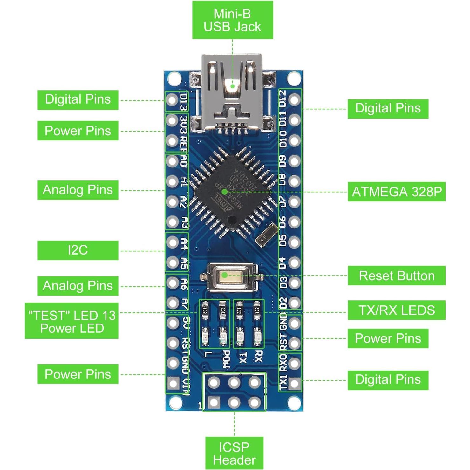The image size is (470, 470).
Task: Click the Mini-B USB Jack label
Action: click(232, 20)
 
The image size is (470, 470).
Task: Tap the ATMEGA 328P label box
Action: click(396, 192)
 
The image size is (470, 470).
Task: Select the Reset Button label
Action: click(396, 276)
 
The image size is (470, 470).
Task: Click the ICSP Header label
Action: click(234, 453)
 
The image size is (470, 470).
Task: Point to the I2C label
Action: click(78, 250)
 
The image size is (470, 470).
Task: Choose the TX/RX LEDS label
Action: click(396, 310)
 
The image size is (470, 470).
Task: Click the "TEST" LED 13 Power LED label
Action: click(72, 321)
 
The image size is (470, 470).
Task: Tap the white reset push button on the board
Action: click(224, 275)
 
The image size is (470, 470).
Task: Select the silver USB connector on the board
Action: click(232, 92)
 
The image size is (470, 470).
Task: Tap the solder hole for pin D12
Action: click(295, 99)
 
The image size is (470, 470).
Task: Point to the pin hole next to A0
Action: click(172, 161)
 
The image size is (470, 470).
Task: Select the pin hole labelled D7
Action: click(295, 202)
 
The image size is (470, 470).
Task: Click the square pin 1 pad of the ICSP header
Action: click(214, 403)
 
